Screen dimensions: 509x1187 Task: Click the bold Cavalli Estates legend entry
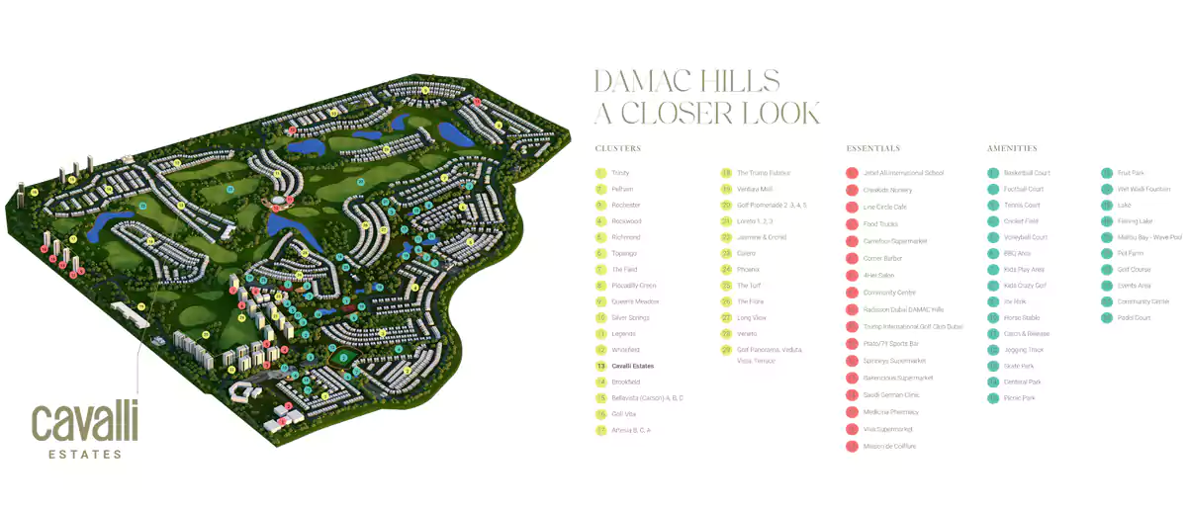coord(632,366)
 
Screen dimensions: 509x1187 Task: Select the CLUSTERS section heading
coord(618,148)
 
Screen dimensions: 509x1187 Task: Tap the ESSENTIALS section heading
coord(873,148)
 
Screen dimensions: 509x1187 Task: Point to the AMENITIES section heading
coord(1012,148)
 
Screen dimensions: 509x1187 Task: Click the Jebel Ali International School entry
coord(903,173)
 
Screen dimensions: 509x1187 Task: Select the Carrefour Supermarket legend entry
coord(896,240)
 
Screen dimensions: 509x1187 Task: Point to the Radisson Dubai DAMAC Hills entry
coord(903,309)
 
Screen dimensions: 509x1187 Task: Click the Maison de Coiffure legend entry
coord(889,446)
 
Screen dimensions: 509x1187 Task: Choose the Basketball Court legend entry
coord(1027,173)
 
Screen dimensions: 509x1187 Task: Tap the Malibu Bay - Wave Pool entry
coord(1147,237)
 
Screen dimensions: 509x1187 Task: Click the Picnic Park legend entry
coord(1019,397)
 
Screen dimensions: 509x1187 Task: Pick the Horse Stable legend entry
coord(1022,317)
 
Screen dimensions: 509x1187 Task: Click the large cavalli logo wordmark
coord(85,423)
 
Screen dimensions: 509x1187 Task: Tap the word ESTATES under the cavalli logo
coord(85,455)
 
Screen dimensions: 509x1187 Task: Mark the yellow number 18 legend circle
coord(726,173)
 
